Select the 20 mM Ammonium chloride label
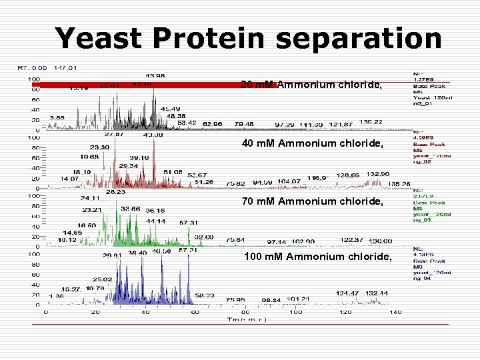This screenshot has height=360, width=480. point(311,85)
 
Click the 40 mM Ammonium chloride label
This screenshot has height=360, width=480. point(311,143)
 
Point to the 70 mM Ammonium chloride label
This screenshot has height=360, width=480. point(311,201)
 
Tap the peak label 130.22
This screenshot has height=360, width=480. point(371,122)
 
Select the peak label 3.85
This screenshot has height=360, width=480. point(57,117)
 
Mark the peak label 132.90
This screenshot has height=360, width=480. point(377,173)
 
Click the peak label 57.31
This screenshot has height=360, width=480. point(188,223)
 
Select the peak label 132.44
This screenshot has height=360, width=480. point(377,293)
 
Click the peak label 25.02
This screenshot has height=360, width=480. point(102,279)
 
